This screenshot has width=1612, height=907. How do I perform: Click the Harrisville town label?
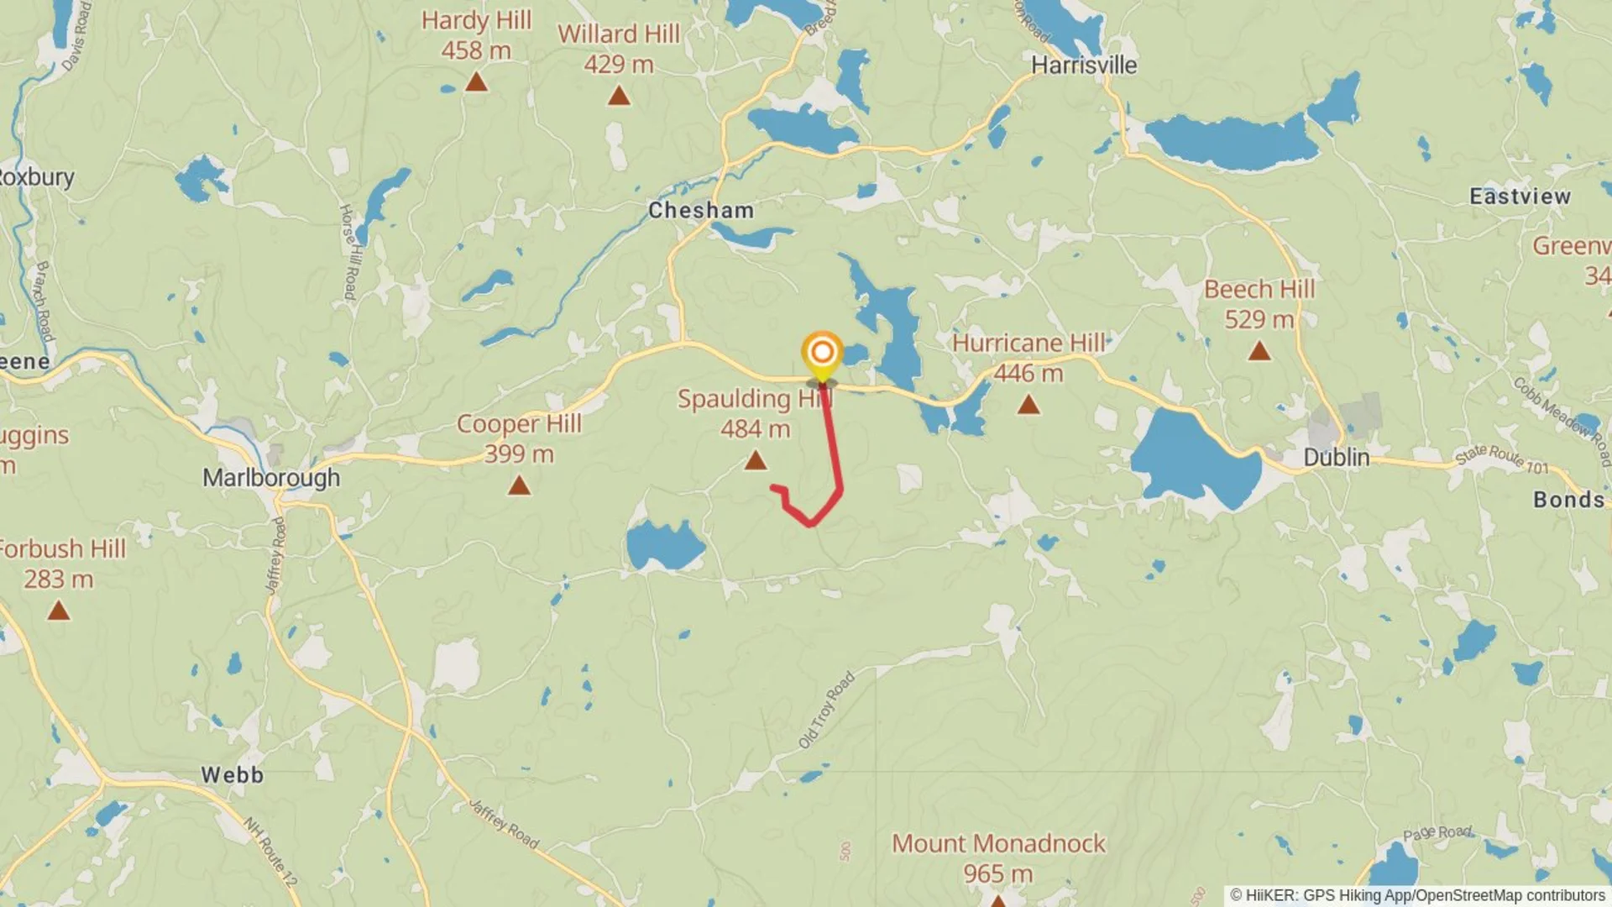pyautogui.click(x=1083, y=66)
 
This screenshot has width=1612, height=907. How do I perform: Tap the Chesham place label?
pyautogui.click(x=701, y=210)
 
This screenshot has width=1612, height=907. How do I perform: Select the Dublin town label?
pyautogui.click(x=1336, y=458)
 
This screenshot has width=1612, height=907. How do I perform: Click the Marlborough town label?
pyautogui.click(x=271, y=478)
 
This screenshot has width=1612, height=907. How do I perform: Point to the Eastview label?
pyautogui.click(x=1520, y=197)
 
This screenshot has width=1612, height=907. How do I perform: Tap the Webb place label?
pyautogui.click(x=232, y=774)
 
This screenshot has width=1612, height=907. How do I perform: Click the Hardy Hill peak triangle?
pyautogui.click(x=476, y=82)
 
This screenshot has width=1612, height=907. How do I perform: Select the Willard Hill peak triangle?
pyautogui.click(x=619, y=97)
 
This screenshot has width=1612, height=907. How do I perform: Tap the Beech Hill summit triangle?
pyautogui.click(x=1259, y=351)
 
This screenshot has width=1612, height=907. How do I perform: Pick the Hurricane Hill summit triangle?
pyautogui.click(x=1028, y=406)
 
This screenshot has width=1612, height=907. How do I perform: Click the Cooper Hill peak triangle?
pyautogui.click(x=519, y=485)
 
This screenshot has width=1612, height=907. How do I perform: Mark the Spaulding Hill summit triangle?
pyautogui.click(x=756, y=460)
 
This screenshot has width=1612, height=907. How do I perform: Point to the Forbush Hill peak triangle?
pyautogui.click(x=58, y=611)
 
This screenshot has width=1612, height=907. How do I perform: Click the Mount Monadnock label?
pyautogui.click(x=998, y=844)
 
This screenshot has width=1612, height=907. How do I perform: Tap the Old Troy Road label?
pyautogui.click(x=826, y=710)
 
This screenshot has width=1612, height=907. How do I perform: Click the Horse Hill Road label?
pyautogui.click(x=348, y=251)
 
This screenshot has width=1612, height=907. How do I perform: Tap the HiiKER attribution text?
pyautogui.click(x=1417, y=895)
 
